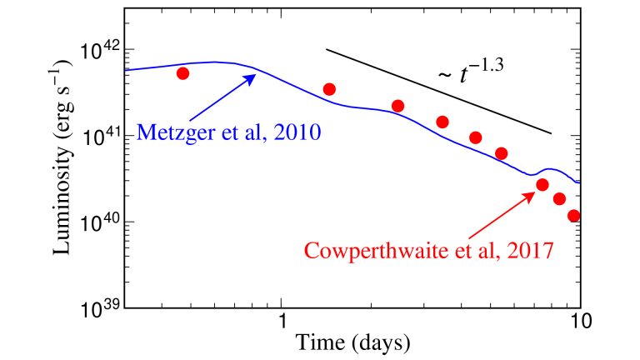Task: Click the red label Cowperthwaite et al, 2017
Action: (x=428, y=250)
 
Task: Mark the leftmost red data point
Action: (x=183, y=73)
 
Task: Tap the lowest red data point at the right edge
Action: (x=573, y=216)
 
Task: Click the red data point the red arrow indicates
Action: (x=542, y=185)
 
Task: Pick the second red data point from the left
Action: (x=329, y=89)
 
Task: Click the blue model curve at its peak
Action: (x=215, y=62)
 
